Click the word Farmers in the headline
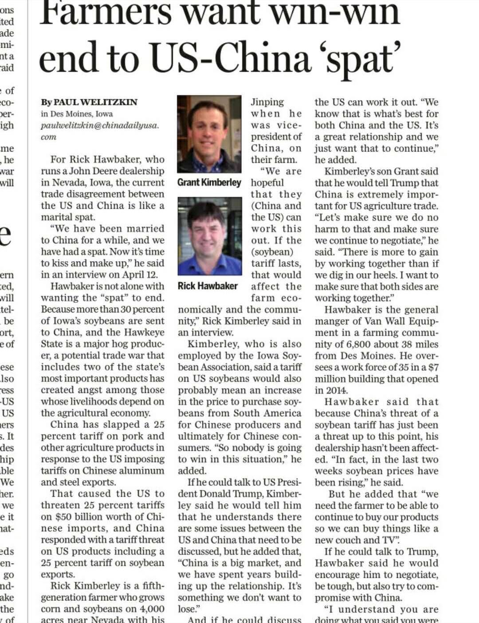[x=106, y=13]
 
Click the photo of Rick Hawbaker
[x=210, y=236]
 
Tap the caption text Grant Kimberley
[x=209, y=183]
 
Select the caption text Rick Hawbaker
[x=208, y=286]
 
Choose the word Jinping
[x=267, y=102]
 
